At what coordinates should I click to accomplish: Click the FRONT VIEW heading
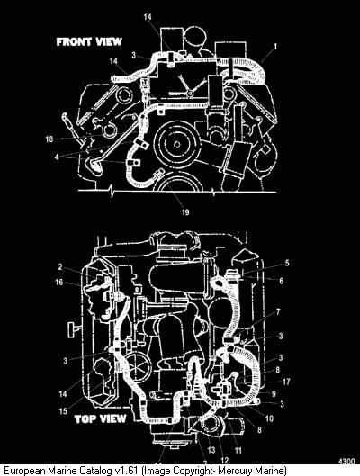click(x=89, y=42)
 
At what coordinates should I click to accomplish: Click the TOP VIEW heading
click(x=100, y=419)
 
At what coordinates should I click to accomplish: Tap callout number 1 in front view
click(x=275, y=47)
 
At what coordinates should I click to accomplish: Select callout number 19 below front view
click(x=185, y=211)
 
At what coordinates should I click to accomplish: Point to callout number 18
click(x=49, y=139)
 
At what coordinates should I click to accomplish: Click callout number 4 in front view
click(x=57, y=157)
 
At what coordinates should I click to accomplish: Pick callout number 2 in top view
click(x=60, y=267)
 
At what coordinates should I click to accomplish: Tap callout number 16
click(x=58, y=283)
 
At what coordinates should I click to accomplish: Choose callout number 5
click(x=287, y=263)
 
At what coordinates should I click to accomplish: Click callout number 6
click(x=282, y=281)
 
